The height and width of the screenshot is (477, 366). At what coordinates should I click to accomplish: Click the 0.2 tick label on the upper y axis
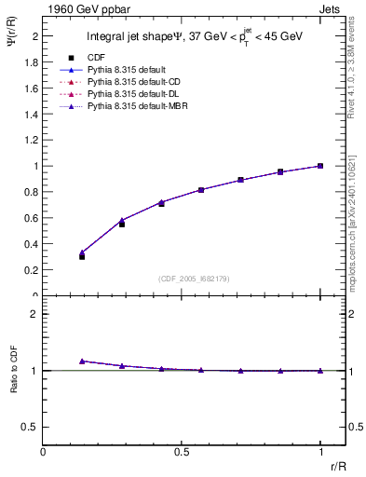34,270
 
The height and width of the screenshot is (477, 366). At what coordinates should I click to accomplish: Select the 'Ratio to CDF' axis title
15,370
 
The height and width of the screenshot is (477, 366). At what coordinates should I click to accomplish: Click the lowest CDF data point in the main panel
82,255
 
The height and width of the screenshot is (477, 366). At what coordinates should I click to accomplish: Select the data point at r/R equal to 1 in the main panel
320,166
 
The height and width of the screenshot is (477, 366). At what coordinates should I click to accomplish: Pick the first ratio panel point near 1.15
82,361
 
